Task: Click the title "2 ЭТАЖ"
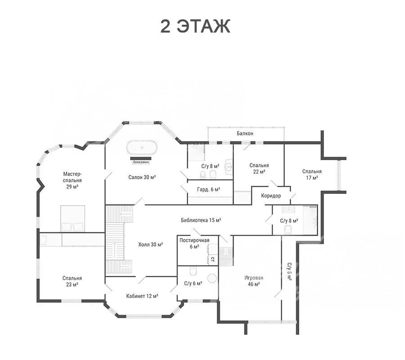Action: [195, 26]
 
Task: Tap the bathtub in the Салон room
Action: [142, 148]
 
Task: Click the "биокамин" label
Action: [141, 162]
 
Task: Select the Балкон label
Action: [245, 134]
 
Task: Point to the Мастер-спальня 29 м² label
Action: [72, 180]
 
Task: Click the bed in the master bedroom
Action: [72, 219]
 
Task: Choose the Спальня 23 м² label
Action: [72, 281]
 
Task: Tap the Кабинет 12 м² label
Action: [142, 296]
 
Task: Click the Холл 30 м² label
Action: [150, 244]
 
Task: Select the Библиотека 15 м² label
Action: [201, 220]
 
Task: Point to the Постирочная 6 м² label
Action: [194, 243]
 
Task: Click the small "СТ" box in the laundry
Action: [213, 259]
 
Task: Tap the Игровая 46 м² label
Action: [254, 281]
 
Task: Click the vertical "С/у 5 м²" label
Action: [289, 272]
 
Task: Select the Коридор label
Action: [271, 196]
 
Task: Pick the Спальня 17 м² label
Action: [312, 174]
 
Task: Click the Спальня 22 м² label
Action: [259, 168]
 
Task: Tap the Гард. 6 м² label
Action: [208, 189]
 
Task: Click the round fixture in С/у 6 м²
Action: [212, 279]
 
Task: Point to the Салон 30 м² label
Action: [142, 177]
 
